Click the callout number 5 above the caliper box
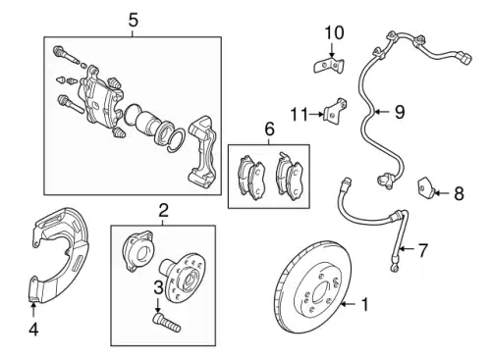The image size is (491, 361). click(133, 21)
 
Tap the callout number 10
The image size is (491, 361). click(334, 33)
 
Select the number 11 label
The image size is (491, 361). click(300, 115)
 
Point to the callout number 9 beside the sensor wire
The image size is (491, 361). click(400, 112)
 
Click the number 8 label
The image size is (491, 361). click(459, 193)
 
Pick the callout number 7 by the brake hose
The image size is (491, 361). click(423, 250)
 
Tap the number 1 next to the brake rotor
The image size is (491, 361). click(364, 304)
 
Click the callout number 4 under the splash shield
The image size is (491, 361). click(33, 330)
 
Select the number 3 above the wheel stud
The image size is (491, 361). click(158, 287)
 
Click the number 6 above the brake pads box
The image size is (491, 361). click(269, 129)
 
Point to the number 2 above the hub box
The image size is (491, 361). click(163, 210)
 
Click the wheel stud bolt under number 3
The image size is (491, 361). click(167, 322)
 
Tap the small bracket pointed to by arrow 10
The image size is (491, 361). click(329, 66)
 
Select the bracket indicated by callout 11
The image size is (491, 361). click(335, 111)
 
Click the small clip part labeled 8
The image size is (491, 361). click(426, 187)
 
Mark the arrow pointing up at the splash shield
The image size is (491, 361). click(33, 311)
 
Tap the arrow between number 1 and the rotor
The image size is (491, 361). click(349, 304)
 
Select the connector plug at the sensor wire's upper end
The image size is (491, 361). click(464, 58)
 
